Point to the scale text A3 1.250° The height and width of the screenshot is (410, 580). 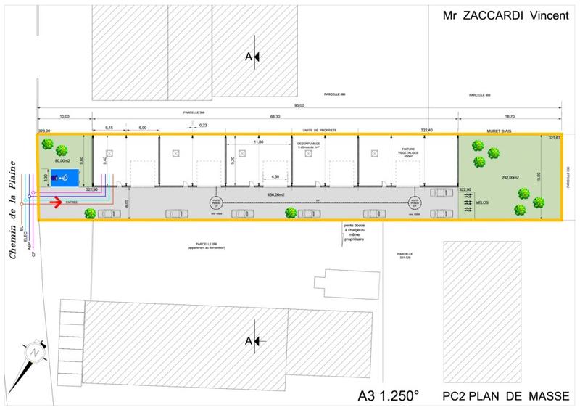pos(389,396)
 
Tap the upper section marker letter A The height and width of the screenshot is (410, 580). pos(249,57)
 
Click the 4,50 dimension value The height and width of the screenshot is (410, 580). pos(275,176)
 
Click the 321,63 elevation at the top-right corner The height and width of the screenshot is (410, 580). pos(555,138)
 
